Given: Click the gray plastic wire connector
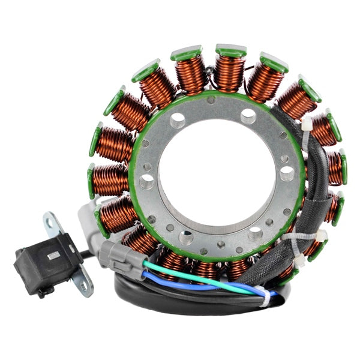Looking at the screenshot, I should pyautogui.click(x=123, y=254).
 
